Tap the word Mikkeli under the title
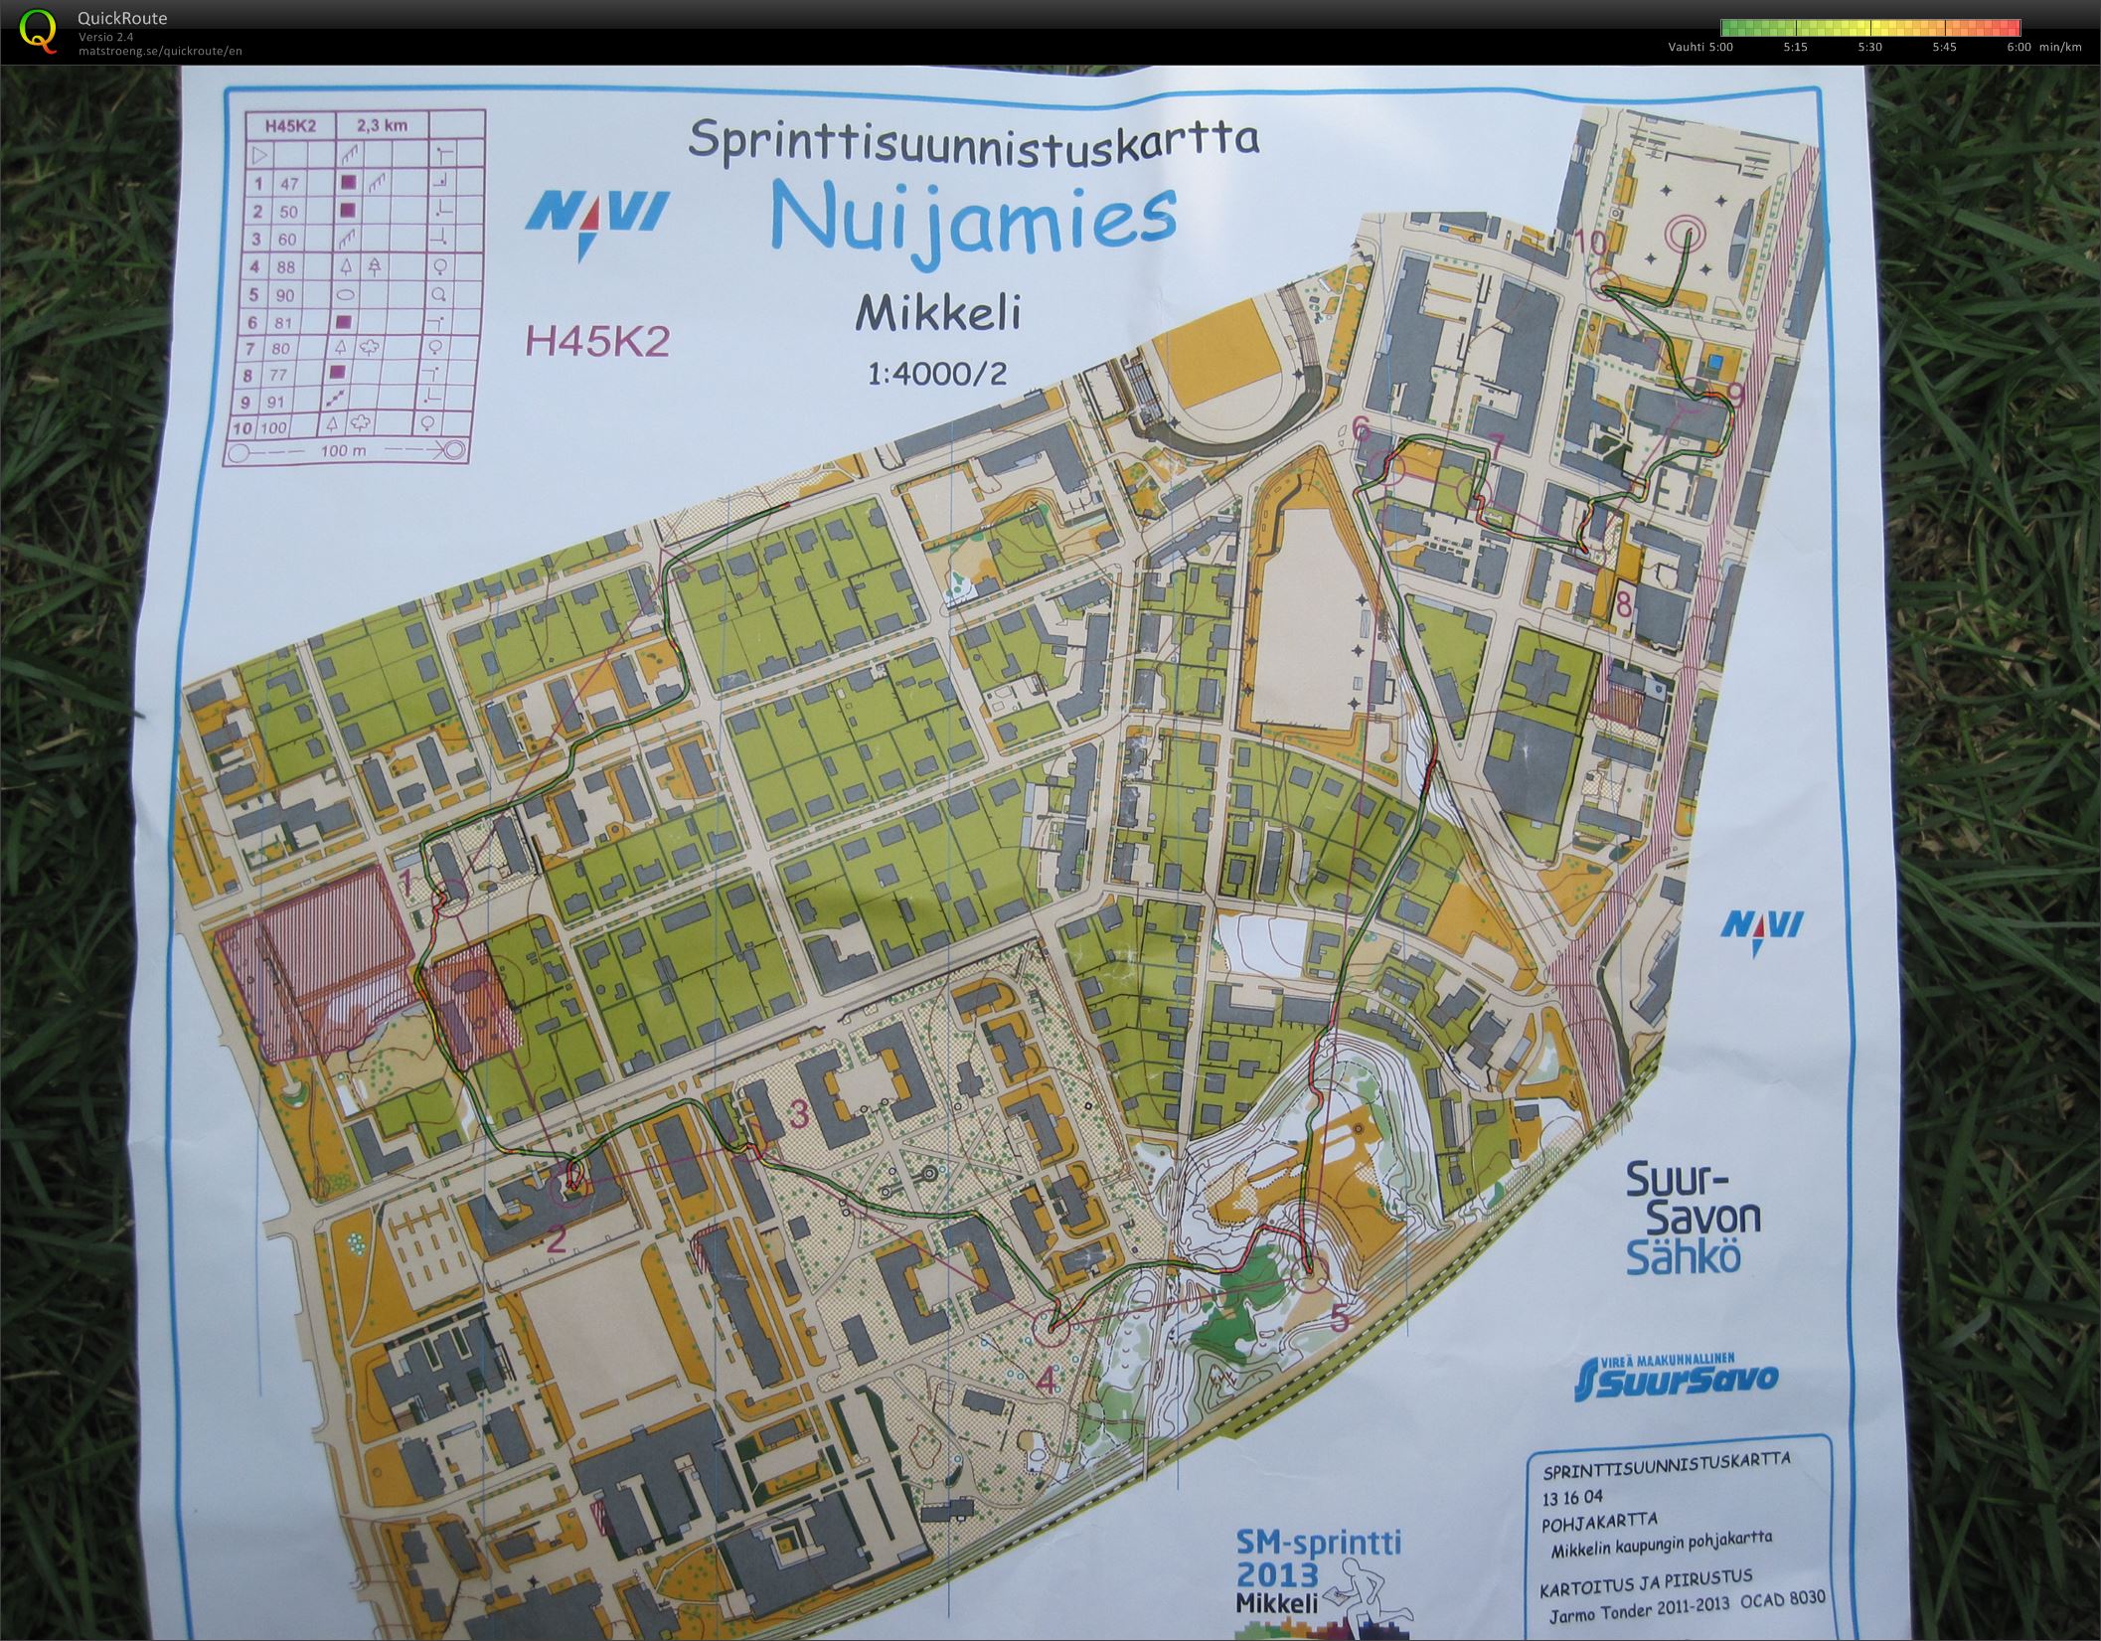(938, 314)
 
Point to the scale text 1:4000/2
(937, 373)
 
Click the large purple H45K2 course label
(597, 341)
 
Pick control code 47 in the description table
(288, 184)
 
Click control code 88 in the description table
(288, 266)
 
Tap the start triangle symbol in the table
(260, 155)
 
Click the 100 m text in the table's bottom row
(344, 450)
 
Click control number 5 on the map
(1339, 1319)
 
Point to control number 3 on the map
(797, 1115)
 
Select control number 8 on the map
(1624, 603)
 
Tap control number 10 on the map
(1591, 243)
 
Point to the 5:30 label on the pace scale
(1869, 47)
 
